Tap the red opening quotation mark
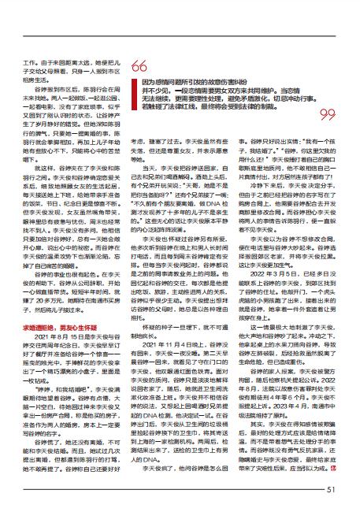click(139, 65)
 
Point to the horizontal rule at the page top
click(180, 35)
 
